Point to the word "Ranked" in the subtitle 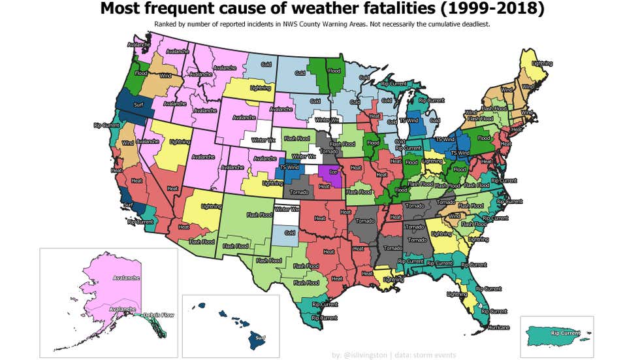166,24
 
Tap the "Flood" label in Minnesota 334,71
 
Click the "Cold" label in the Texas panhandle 289,233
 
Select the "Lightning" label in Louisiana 393,279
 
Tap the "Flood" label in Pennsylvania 484,138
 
